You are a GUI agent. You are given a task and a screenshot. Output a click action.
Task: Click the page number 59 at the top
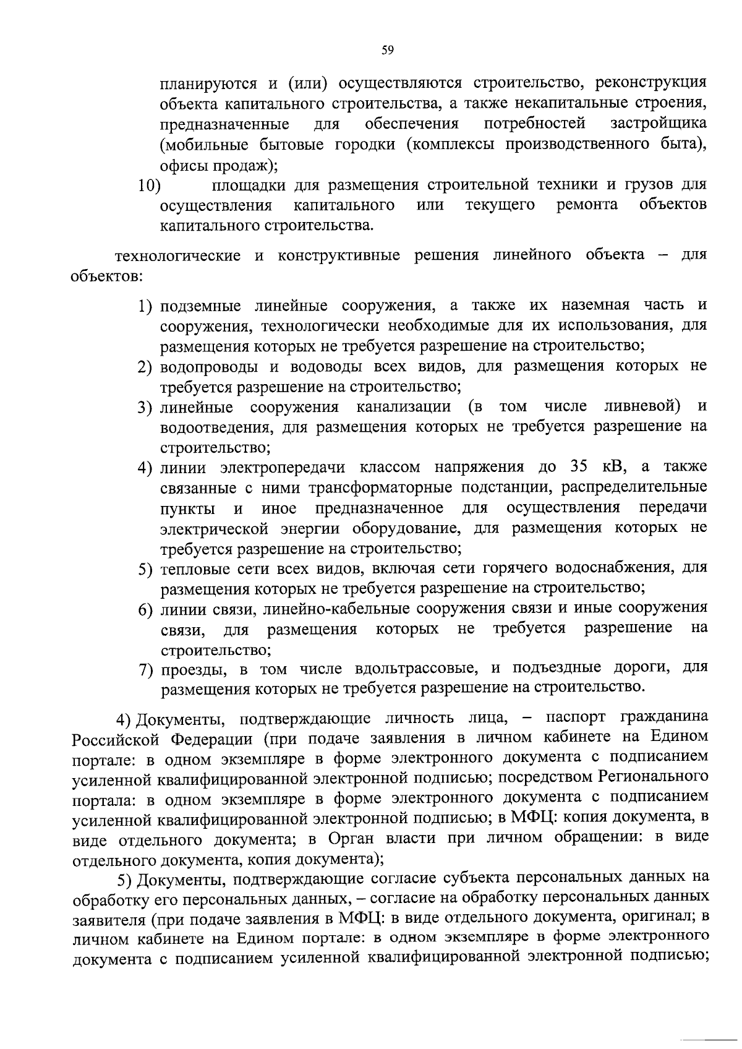point(388,51)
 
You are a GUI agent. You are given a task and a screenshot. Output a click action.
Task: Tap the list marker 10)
point(149,186)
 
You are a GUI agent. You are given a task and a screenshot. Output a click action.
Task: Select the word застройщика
point(659,124)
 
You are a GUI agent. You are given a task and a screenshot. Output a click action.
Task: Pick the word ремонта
point(587,205)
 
